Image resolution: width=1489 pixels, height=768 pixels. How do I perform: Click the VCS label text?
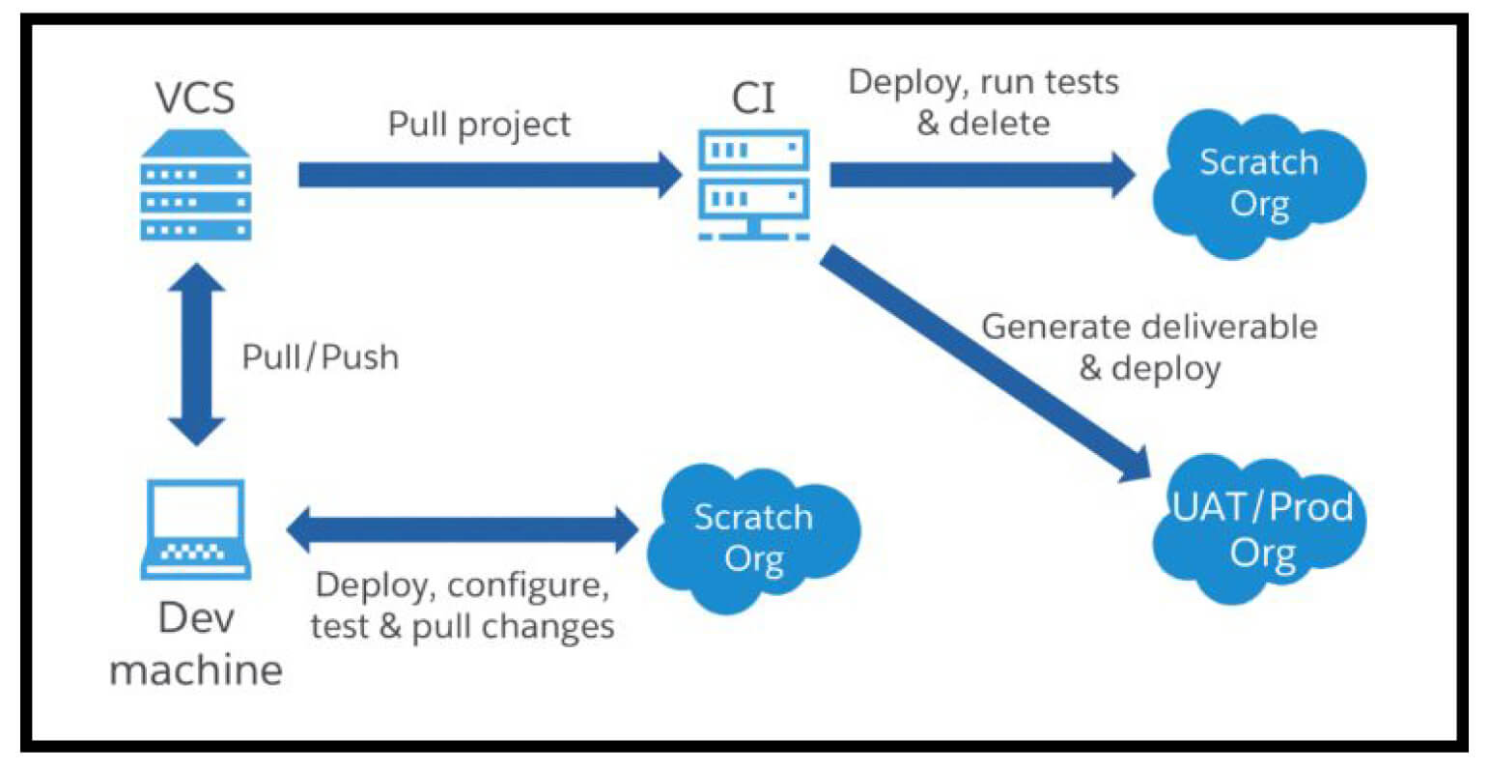pyautogui.click(x=195, y=98)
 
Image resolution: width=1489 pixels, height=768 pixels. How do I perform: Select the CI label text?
pyautogui.click(x=753, y=98)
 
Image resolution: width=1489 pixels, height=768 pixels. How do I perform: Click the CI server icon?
pyautogui.click(x=753, y=186)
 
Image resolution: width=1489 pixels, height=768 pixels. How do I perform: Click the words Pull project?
pyautogui.click(x=479, y=125)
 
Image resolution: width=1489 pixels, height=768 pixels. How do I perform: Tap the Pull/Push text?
pyautogui.click(x=320, y=356)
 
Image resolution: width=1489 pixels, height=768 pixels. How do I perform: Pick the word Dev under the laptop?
pyautogui.click(x=196, y=618)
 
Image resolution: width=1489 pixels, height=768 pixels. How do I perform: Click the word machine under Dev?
pyautogui.click(x=196, y=668)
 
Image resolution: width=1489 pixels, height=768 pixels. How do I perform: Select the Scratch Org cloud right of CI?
pyautogui.click(x=1258, y=184)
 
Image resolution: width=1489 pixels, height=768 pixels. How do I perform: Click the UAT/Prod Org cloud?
pyautogui.click(x=1261, y=530)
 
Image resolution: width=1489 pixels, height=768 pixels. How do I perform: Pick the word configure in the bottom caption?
pyautogui.click(x=528, y=585)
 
